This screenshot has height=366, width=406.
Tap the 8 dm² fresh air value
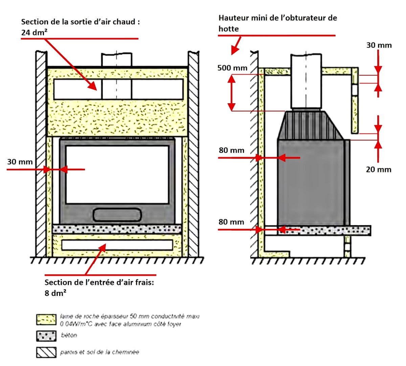point(55,293)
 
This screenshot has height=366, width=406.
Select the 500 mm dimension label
point(232,68)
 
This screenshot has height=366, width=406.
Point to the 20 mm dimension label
point(378,169)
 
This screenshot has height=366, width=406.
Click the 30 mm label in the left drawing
point(20,162)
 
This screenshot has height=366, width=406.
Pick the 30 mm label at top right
point(379,45)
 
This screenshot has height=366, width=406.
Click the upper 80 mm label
point(231,150)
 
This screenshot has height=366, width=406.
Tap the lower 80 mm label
point(231,222)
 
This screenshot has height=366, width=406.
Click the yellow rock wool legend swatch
point(46,319)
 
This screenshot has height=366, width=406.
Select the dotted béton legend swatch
point(46,336)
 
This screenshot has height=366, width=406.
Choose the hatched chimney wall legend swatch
point(46,352)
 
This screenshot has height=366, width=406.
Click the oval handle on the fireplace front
point(117,214)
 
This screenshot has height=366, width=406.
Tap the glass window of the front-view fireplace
point(117,174)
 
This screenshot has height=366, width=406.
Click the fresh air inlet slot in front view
point(117,244)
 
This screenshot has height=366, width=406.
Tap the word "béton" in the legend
point(69,335)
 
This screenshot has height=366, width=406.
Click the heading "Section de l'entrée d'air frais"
point(99,282)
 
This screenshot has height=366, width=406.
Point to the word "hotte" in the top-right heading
point(228,29)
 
